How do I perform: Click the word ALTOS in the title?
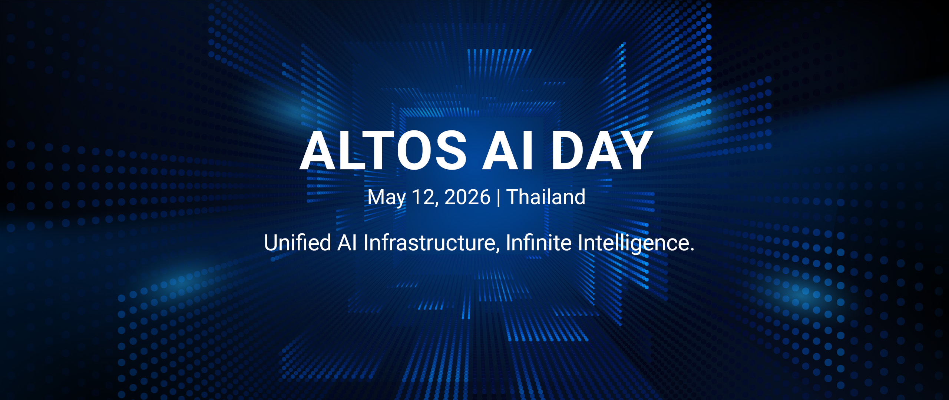pos(383,150)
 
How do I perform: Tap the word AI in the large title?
pos(507,150)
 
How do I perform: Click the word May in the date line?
pos(386,198)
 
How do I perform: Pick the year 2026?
pos(467,197)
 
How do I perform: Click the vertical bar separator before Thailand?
pos(499,198)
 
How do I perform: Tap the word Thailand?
pos(546,197)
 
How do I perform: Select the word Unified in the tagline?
pos(297,243)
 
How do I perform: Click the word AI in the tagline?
pos(347,243)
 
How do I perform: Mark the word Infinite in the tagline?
pos(539,243)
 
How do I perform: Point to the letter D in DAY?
pos(568,150)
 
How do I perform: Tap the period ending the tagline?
pos(691,250)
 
